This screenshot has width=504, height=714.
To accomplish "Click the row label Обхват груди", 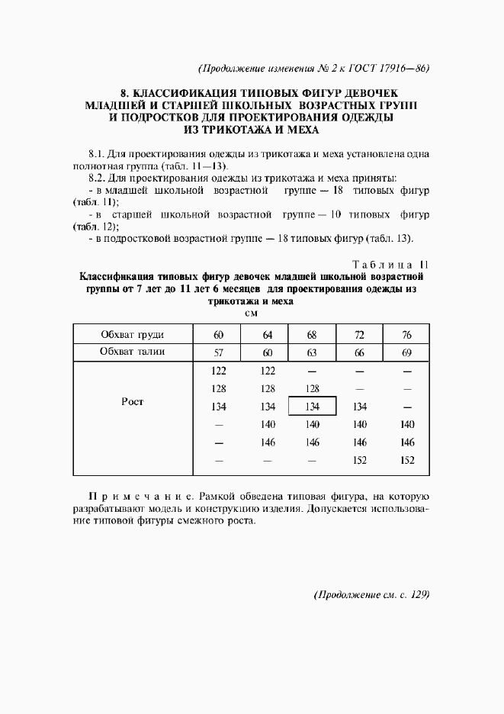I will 133,335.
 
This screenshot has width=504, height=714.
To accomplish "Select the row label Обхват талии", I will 133,352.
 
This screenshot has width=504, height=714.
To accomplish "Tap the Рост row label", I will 133,402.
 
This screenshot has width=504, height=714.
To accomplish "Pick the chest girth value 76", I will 406,335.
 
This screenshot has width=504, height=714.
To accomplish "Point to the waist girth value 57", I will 218,352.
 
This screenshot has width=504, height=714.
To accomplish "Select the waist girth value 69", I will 406,352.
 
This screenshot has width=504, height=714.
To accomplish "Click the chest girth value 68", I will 311,335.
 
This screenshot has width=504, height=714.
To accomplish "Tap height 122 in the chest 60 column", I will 218,371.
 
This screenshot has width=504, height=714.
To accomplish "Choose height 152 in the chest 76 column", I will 406,460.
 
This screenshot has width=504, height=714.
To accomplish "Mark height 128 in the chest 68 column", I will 311,389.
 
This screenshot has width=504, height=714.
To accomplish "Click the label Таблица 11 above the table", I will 385,264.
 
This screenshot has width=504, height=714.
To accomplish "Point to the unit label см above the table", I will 251,314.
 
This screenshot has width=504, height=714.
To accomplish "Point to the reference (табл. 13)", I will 390,239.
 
